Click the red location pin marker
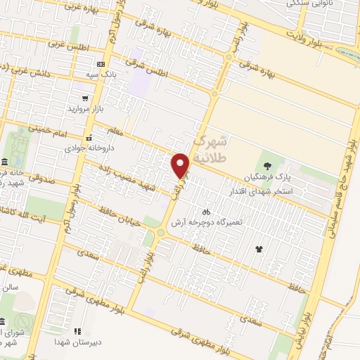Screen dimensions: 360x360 [x=181, y=165]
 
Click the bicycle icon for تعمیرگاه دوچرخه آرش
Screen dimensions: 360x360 [x=206, y=210]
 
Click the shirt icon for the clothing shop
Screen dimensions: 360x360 [x=259, y=248]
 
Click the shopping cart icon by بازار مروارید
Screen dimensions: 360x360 [x=85, y=98]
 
